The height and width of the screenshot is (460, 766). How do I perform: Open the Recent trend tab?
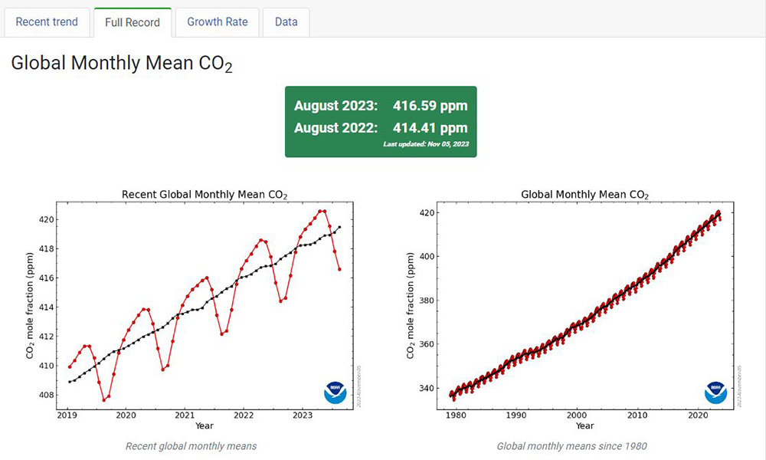coord(47,21)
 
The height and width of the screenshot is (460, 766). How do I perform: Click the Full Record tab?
coord(133,22)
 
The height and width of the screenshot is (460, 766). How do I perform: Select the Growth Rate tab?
coord(218,21)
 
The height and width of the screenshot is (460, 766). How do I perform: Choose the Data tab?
coord(286,21)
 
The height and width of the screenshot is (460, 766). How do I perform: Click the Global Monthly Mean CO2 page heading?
coord(121,64)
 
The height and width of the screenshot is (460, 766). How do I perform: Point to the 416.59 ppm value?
coord(430,106)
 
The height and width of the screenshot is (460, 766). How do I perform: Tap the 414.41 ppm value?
coord(430,128)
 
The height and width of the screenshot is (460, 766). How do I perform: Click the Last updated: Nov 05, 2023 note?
coord(426,144)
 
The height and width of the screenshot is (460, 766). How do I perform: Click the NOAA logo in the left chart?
coord(334,392)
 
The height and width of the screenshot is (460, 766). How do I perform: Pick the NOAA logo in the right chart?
coord(715,392)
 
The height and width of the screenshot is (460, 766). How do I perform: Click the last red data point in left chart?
coord(339,269)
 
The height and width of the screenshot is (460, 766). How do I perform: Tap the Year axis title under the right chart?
coord(584,426)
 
